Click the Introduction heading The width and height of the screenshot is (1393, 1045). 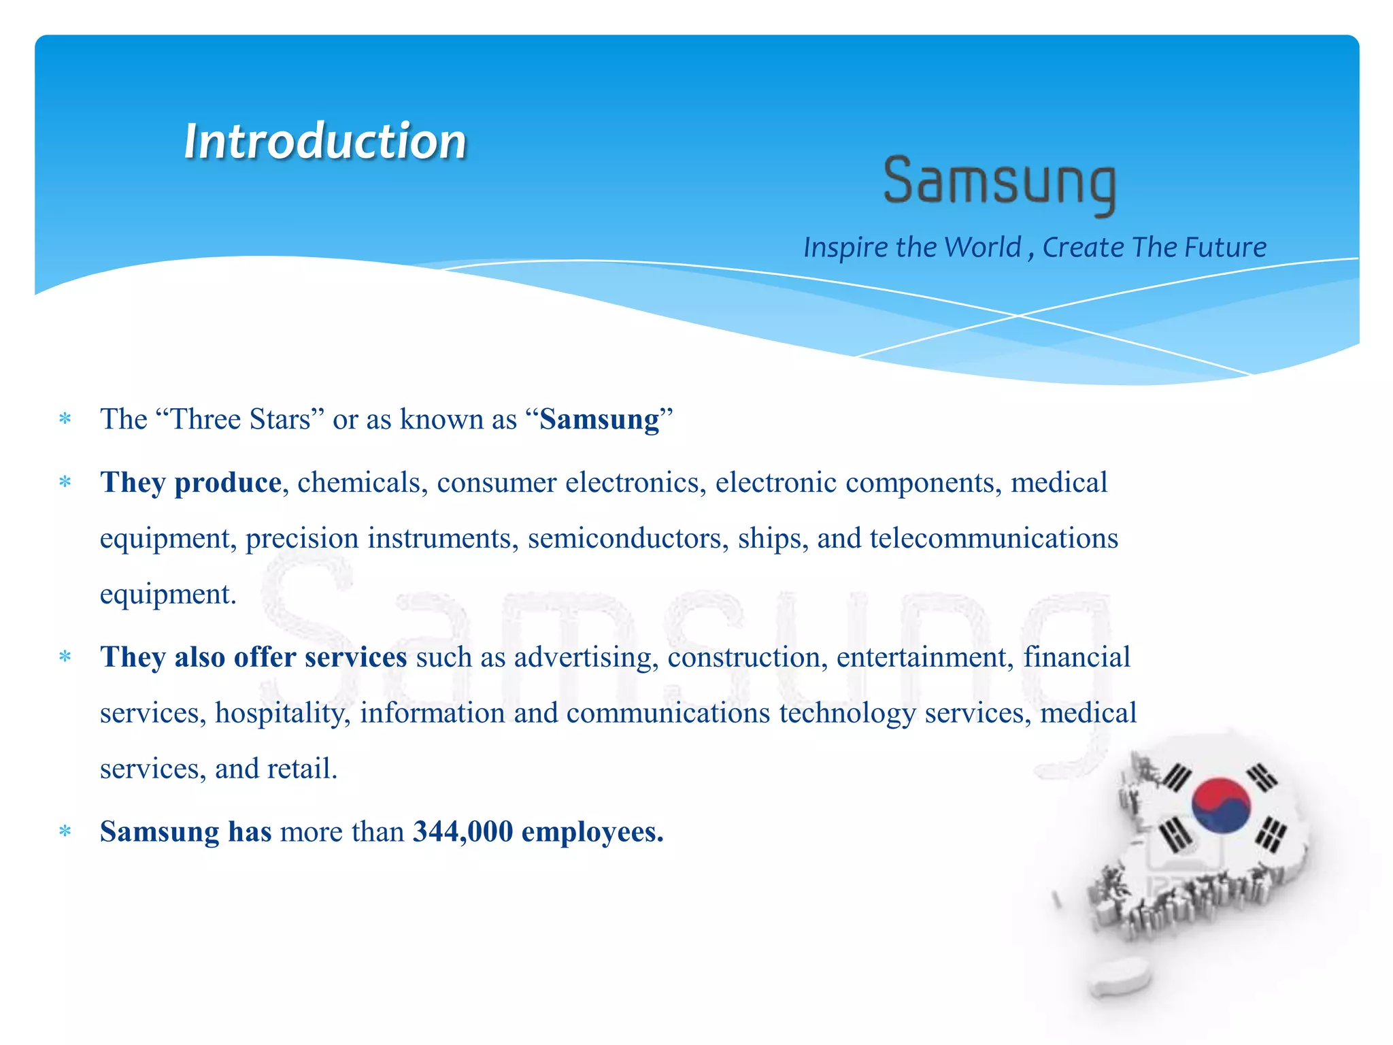tap(325, 141)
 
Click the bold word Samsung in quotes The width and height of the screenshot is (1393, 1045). tap(599, 420)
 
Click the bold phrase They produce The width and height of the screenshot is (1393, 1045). tap(190, 483)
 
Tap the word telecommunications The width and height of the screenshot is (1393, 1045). tap(994, 539)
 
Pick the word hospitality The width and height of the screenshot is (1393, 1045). tap(282, 714)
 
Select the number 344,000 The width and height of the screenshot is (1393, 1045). tap(463, 832)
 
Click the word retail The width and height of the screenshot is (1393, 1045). tap(301, 769)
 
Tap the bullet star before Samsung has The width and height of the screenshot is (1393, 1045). tap(65, 832)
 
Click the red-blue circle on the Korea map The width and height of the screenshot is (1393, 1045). tap(1221, 806)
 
